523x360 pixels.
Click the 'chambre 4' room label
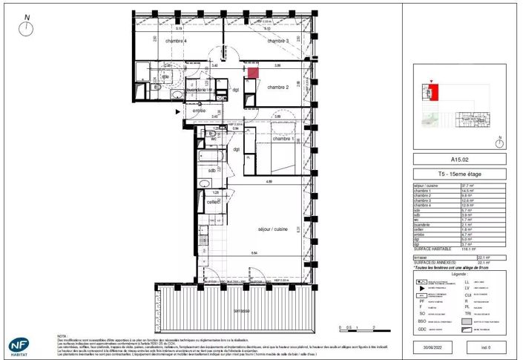point(176,41)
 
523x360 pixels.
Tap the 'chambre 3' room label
point(277,41)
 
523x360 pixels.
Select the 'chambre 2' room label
point(277,88)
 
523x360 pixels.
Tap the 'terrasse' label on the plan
point(240,310)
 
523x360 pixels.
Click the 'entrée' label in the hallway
point(199,111)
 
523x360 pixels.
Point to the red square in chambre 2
point(253,73)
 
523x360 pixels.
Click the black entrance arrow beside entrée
point(177,112)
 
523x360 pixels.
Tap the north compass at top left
point(27,27)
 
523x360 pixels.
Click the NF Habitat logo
point(18,346)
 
